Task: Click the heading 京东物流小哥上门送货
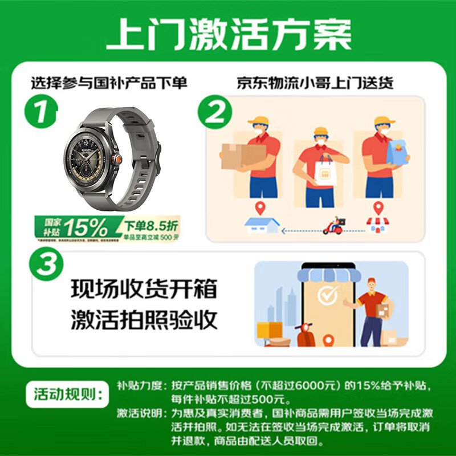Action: click(315, 83)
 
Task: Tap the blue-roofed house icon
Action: click(261, 226)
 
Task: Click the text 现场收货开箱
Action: click(144, 289)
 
